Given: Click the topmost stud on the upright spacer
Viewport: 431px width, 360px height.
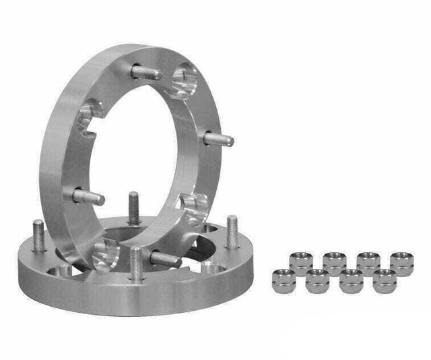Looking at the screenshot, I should [146, 72].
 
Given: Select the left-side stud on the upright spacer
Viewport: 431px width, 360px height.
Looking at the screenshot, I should [88, 196].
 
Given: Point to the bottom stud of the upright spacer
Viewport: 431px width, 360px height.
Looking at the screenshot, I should [164, 258].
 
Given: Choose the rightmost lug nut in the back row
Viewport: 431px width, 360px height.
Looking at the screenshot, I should [402, 262].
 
